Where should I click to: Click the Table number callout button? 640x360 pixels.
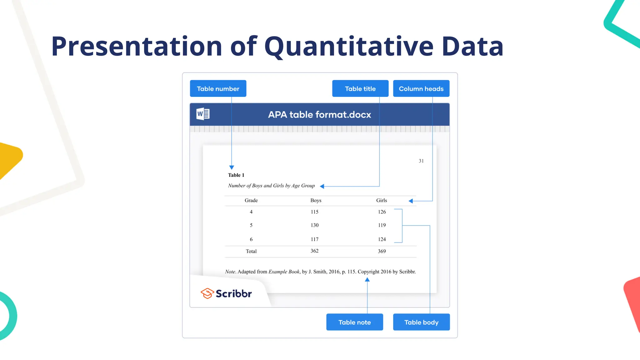pyautogui.click(x=218, y=89)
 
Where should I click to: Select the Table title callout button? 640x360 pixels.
pyautogui.click(x=360, y=89)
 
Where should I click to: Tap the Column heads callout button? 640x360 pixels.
pyautogui.click(x=421, y=89)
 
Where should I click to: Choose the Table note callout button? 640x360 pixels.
pyautogui.click(x=354, y=322)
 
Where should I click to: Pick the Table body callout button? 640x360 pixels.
pyautogui.click(x=421, y=322)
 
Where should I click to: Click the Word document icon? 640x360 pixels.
pyautogui.click(x=203, y=114)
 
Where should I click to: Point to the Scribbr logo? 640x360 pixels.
pyautogui.click(x=226, y=293)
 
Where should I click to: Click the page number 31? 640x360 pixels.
pyautogui.click(x=421, y=161)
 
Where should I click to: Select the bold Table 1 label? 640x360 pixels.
pyautogui.click(x=236, y=175)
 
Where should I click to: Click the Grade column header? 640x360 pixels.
pyautogui.click(x=251, y=200)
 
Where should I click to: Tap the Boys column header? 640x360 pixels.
pyautogui.click(x=316, y=200)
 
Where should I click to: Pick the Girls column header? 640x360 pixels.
pyautogui.click(x=381, y=200)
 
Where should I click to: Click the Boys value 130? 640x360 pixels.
pyautogui.click(x=314, y=225)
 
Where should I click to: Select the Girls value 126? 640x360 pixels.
pyautogui.click(x=382, y=212)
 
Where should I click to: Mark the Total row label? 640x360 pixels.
pyautogui.click(x=251, y=251)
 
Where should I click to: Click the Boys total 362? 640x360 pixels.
pyautogui.click(x=314, y=251)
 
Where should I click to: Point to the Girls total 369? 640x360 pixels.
pyautogui.click(x=382, y=251)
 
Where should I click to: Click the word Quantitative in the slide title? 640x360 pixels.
pyautogui.click(x=349, y=46)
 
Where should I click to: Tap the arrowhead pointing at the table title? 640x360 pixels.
pyautogui.click(x=322, y=186)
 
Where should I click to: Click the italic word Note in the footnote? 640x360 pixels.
pyautogui.click(x=230, y=272)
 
